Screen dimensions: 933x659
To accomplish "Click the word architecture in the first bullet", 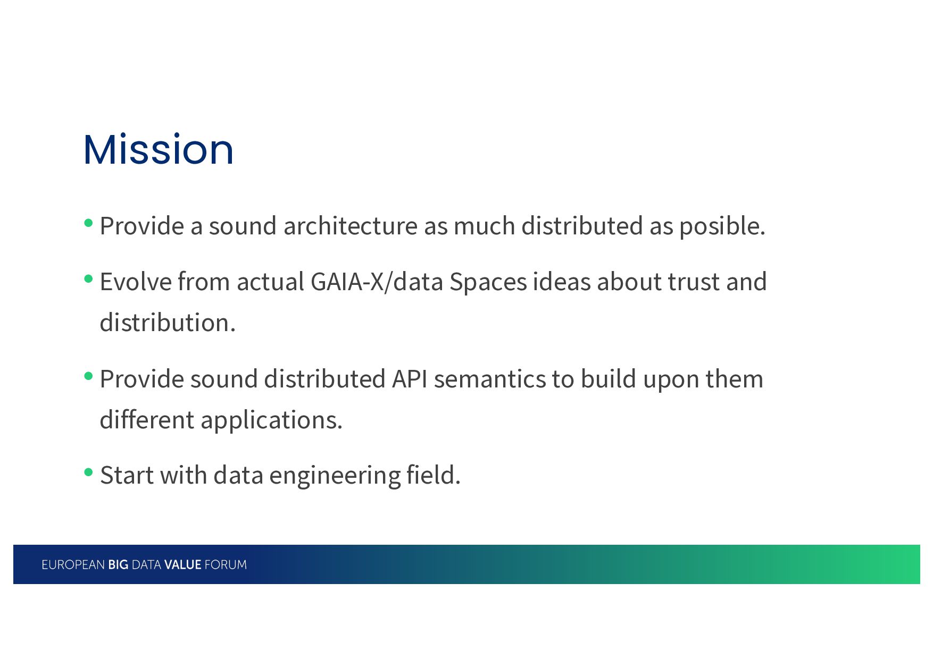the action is tap(351, 226).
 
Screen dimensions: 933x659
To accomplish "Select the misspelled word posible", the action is tap(722, 227).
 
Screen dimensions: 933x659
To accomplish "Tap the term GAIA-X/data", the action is tap(377, 282).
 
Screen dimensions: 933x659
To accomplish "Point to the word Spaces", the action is tap(488, 283).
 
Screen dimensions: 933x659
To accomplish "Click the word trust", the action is tap(694, 282).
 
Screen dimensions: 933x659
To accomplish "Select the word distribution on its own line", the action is tap(168, 323).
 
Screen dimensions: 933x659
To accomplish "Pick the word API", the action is tap(410, 379).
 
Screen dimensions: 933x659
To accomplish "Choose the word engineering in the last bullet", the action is tap(335, 476).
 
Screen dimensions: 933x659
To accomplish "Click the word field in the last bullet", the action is tap(433, 475).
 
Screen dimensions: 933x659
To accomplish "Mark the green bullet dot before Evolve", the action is tap(89, 278).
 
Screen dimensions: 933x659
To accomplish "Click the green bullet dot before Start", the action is tap(89, 472).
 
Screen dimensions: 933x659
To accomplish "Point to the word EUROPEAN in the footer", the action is tap(73, 565).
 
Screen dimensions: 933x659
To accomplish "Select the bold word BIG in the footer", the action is tap(118, 565).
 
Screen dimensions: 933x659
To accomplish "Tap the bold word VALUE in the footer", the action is tap(182, 565).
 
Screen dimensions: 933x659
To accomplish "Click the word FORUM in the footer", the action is tap(226, 565).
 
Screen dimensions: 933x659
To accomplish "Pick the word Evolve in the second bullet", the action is tap(135, 282).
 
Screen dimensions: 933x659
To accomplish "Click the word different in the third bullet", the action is tap(147, 420).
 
